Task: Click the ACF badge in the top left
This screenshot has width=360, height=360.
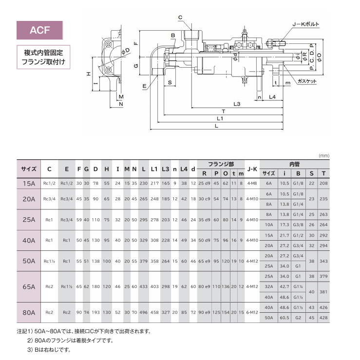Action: (40, 30)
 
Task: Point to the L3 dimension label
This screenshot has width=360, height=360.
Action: (237, 104)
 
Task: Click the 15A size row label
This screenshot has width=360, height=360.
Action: (29, 184)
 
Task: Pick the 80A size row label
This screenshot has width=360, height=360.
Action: (29, 312)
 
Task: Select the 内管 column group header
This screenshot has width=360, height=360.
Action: (294, 165)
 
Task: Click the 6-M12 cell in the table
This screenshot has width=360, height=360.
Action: (252, 312)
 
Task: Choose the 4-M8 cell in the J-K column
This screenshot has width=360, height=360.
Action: (252, 184)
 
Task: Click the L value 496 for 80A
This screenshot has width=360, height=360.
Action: (143, 312)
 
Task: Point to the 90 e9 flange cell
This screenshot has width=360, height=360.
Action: (204, 312)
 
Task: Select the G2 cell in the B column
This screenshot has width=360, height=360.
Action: (297, 317)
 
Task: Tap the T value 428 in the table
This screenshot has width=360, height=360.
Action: (324, 317)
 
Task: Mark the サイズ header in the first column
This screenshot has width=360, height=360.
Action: (29, 169)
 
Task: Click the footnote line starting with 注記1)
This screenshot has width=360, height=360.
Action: (84, 331)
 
